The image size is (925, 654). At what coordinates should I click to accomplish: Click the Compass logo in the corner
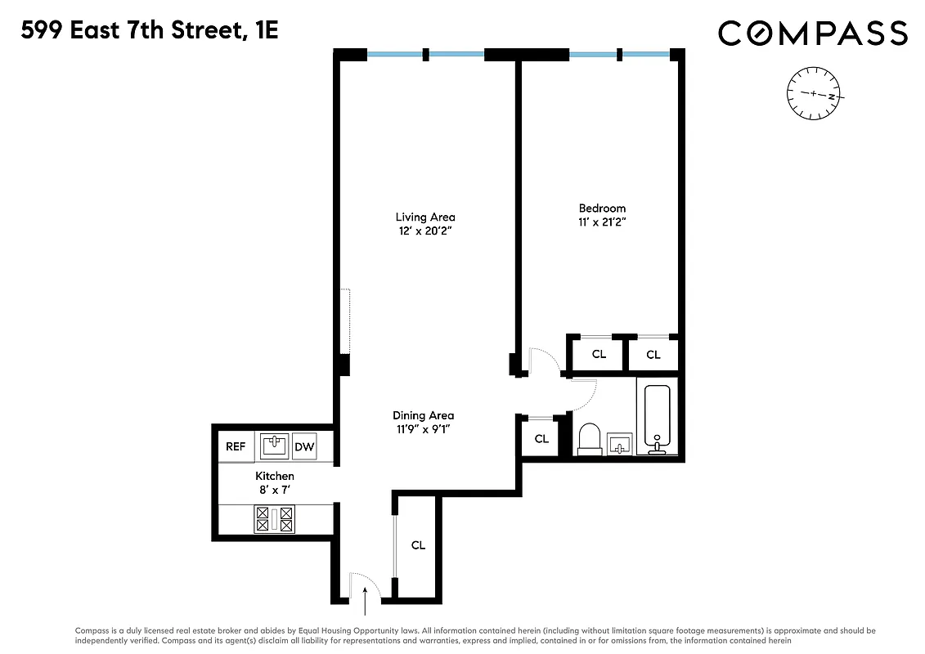click(x=812, y=34)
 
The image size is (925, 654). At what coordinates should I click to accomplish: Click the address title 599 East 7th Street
click(x=150, y=31)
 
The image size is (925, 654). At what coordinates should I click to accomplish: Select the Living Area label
click(x=425, y=217)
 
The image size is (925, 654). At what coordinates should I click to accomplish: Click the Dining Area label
click(x=423, y=415)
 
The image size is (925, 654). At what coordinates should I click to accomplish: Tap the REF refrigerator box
click(x=236, y=446)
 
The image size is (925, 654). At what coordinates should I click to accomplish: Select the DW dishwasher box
click(x=304, y=446)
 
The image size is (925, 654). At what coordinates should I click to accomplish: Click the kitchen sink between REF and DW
click(x=275, y=446)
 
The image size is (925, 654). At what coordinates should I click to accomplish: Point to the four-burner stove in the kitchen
click(x=275, y=519)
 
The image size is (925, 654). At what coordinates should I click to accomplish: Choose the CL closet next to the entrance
click(x=418, y=545)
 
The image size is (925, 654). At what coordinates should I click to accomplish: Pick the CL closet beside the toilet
click(x=541, y=439)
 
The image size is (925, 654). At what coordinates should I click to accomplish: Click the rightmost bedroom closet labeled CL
click(x=653, y=355)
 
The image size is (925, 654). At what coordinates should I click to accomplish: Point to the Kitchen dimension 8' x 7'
click(x=275, y=490)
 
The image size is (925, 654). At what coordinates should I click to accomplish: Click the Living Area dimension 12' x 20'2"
click(x=425, y=231)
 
